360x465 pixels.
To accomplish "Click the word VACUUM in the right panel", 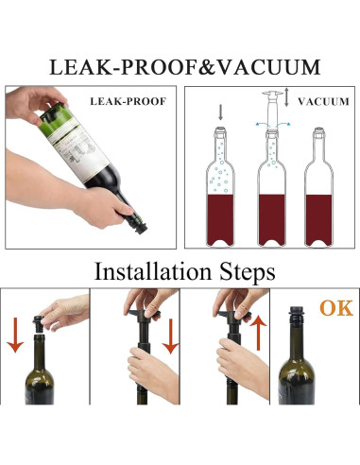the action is (323, 102).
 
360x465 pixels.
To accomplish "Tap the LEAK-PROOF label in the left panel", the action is (128, 101).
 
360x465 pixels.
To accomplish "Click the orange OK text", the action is (336, 308).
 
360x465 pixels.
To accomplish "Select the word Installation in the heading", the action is (153, 271).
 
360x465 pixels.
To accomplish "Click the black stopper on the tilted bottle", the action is (141, 228).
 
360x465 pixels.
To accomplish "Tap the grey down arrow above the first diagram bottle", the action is (220, 112).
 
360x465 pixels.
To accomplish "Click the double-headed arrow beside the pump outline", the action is (286, 97).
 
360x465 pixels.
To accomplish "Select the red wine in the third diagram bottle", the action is (318, 219).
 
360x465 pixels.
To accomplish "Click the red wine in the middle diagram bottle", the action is (272, 219).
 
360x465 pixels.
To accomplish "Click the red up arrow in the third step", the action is (258, 333).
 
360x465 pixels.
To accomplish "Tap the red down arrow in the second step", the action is (171, 336).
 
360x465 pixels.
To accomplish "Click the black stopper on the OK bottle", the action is (296, 316).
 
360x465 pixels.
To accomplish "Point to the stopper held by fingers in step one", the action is (39, 324).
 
